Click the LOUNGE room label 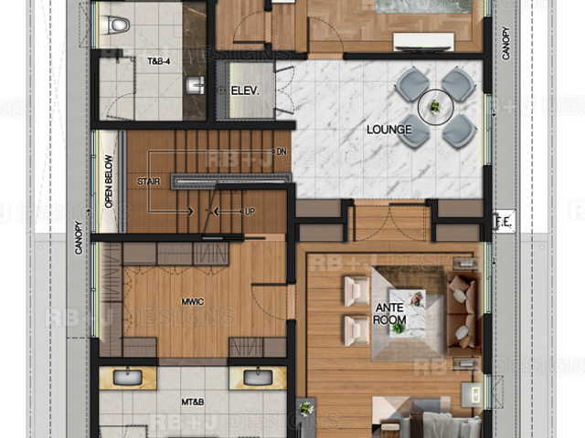coord(389,130)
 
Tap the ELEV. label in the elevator coord(245,90)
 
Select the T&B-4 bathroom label coord(159,61)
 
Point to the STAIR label coord(148,182)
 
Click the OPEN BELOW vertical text coord(109,182)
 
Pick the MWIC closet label coord(193,301)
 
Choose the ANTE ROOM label coord(390,314)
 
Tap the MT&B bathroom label coord(193,401)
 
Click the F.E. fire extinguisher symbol coord(504,223)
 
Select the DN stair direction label coord(282,151)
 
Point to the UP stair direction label coord(250,212)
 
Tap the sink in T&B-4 coord(195,85)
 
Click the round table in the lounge coord(435,108)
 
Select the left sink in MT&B coord(128,377)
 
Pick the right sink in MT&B coord(258,377)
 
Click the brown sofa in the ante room coord(463,314)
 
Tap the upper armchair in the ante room coord(356,291)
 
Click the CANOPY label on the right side coord(505,43)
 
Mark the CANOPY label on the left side coord(79,238)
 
